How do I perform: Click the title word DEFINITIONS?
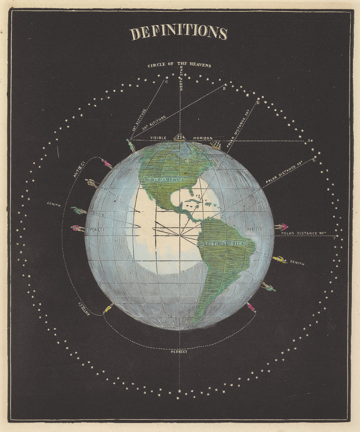(x=179, y=33)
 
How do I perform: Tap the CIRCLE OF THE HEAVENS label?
(x=179, y=65)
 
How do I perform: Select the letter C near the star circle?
(x=166, y=82)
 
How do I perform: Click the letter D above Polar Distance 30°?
(x=258, y=103)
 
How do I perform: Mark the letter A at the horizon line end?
(x=308, y=140)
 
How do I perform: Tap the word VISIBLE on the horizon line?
(x=158, y=138)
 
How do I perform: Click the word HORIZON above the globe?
(x=203, y=138)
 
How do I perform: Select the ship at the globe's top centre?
(x=179, y=137)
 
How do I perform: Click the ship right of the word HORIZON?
(x=216, y=144)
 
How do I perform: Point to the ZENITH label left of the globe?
(x=54, y=205)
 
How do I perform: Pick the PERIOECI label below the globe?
(x=179, y=351)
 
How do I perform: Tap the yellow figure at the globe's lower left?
(x=108, y=308)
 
